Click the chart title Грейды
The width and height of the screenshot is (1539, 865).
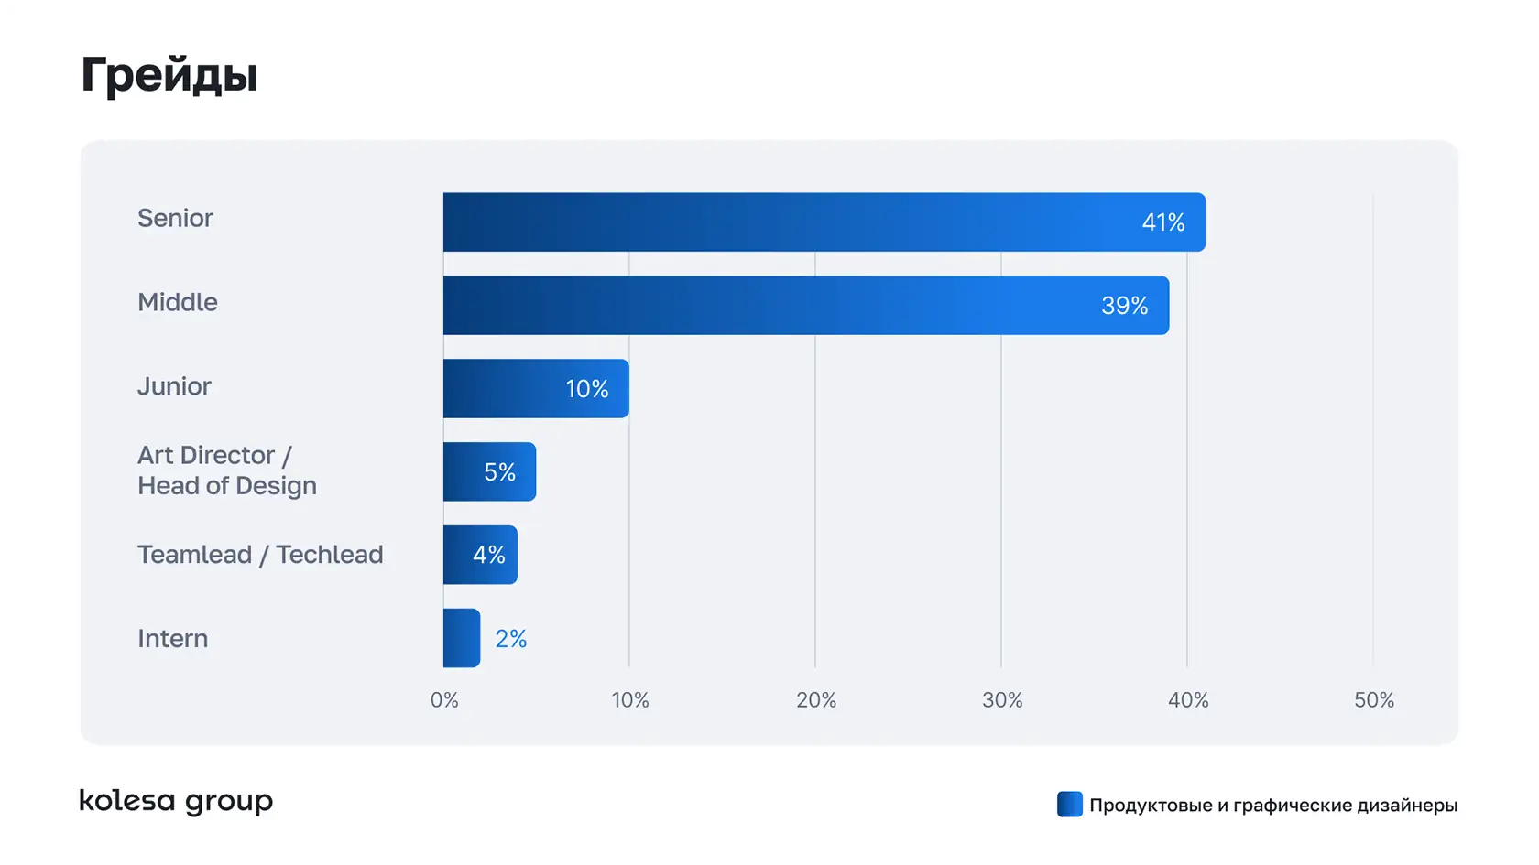[169, 75]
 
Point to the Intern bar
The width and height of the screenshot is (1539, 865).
[462, 638]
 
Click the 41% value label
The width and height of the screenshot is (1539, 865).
[1163, 222]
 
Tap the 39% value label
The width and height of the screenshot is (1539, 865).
[1125, 306]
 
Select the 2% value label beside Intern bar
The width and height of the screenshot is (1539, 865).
[511, 639]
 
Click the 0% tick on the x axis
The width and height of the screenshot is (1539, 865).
[444, 700]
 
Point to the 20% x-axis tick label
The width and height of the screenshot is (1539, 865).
[816, 700]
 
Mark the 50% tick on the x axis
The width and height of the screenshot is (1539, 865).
[1374, 700]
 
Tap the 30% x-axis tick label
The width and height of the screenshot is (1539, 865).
[1002, 700]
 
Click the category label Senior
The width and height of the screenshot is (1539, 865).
[175, 218]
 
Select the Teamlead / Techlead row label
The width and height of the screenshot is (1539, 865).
[260, 555]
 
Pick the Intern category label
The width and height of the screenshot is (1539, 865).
[172, 638]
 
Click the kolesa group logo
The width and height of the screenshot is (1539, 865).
[176, 801]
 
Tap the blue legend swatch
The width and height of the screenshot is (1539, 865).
[1069, 805]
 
